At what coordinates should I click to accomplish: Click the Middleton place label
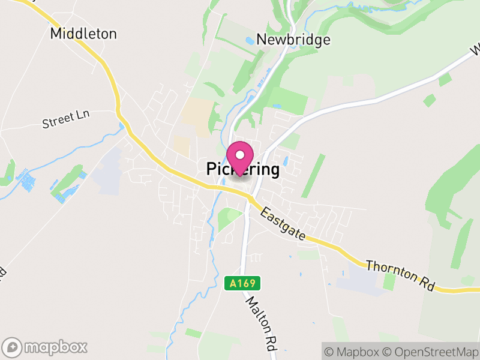tap(83, 34)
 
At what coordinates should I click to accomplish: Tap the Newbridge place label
tap(293, 40)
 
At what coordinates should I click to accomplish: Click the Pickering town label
tap(243, 170)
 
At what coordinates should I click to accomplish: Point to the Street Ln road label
tap(65, 119)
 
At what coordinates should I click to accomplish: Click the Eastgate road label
tap(284, 226)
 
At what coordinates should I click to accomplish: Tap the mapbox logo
tap(46, 347)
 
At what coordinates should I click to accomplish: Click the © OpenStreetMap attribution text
tap(431, 350)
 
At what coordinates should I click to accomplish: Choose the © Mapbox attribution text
tap(354, 350)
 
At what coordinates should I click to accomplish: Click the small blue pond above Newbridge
tap(250, 41)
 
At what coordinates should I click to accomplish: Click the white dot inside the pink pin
tap(240, 155)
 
